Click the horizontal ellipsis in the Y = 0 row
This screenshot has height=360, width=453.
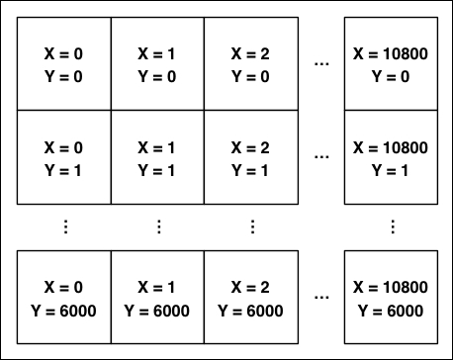[x=320, y=64]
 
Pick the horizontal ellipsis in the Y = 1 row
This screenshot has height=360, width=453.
[x=320, y=157]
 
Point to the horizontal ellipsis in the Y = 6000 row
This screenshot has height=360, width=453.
[x=320, y=297]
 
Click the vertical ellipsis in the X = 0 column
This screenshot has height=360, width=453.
[x=65, y=227]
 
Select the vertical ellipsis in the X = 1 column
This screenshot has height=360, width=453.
[x=158, y=227]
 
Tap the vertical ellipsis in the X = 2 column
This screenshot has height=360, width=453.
[x=251, y=227]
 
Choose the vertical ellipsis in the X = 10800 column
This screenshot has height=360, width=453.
[x=392, y=227]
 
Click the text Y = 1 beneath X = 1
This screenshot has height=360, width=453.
[x=158, y=169]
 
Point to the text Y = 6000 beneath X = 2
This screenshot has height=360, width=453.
[x=251, y=309]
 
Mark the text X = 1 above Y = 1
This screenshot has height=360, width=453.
[x=158, y=147]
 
